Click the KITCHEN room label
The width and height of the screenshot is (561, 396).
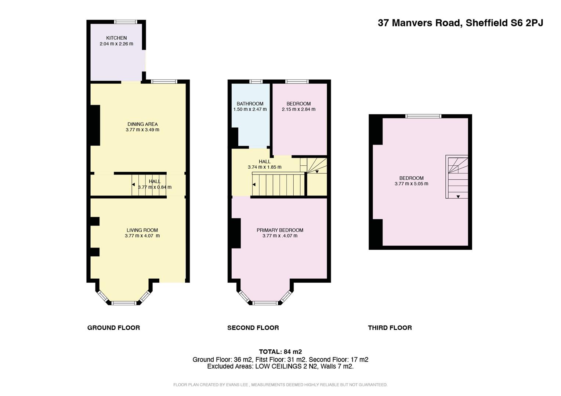(x=116, y=38)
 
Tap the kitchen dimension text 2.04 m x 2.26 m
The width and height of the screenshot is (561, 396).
(x=116, y=44)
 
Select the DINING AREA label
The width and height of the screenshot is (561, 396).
(x=142, y=124)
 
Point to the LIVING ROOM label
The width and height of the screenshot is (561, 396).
(x=142, y=230)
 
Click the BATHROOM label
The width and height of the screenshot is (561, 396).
(x=250, y=104)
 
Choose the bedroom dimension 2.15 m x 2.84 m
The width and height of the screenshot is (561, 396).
(x=298, y=109)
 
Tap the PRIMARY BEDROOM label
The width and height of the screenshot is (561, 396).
(x=280, y=230)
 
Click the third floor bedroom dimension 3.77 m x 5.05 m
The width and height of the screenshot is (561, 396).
(x=411, y=184)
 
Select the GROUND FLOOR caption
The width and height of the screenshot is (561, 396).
(x=113, y=328)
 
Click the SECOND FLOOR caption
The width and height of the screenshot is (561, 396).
(x=253, y=328)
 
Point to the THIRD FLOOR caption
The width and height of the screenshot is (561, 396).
(x=390, y=328)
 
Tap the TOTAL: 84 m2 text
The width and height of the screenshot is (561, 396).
(x=280, y=352)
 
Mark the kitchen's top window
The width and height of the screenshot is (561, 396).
(x=126, y=22)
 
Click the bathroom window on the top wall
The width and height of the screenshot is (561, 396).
(x=256, y=81)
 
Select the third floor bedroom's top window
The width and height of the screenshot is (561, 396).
(x=423, y=116)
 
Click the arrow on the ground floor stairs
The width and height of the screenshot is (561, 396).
(x=133, y=184)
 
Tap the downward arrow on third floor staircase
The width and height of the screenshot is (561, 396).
(x=458, y=197)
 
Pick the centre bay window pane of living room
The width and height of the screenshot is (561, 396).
(x=124, y=303)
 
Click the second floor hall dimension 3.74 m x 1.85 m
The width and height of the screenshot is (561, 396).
(x=264, y=167)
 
